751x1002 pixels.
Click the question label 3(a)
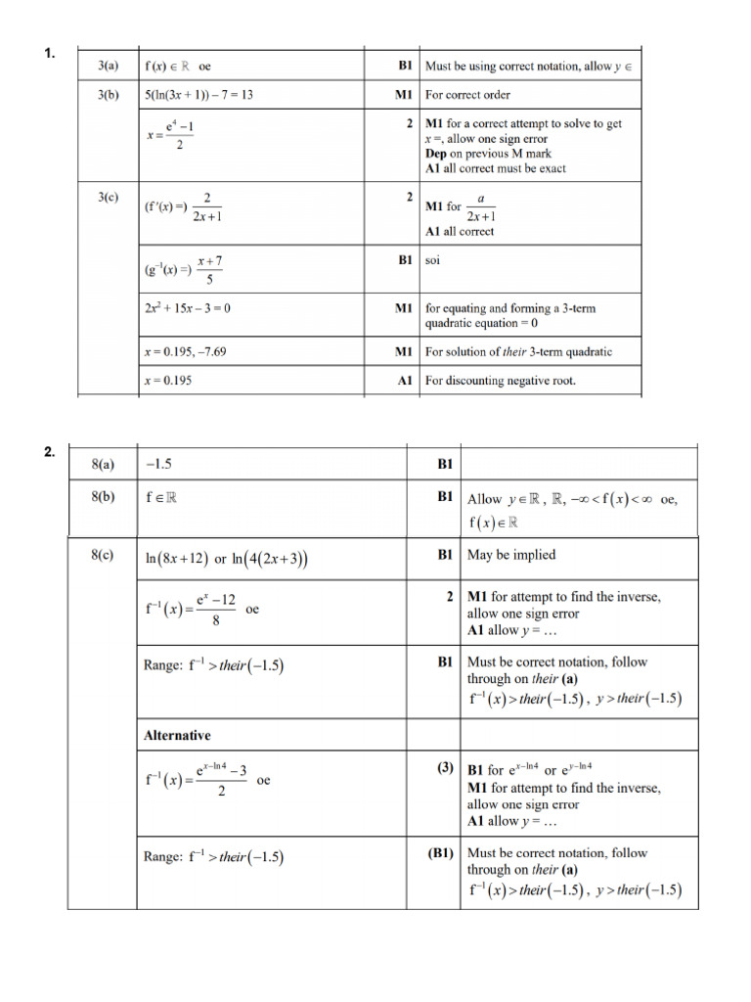point(108,67)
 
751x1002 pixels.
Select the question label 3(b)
point(108,95)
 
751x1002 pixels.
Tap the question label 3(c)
point(108,197)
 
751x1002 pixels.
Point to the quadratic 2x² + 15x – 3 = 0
point(188,308)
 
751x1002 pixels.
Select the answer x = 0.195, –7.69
point(186,351)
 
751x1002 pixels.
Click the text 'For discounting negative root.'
point(501,381)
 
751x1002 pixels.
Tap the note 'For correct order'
point(467,95)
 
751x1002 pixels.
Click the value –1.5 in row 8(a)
point(158,464)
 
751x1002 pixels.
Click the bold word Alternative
point(177,735)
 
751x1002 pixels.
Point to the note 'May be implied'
point(511,555)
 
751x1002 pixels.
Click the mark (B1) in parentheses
point(441,852)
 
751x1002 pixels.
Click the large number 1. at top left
point(50,54)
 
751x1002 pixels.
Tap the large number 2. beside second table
point(50,452)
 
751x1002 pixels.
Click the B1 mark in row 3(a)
point(405,67)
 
